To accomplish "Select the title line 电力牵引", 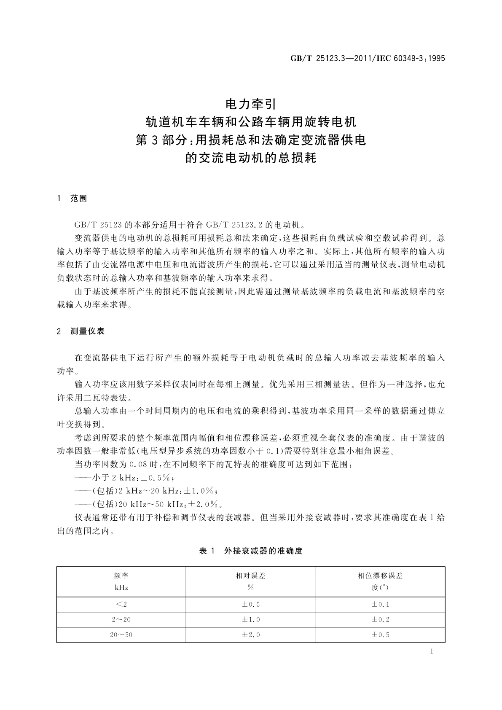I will pyautogui.click(x=251, y=103).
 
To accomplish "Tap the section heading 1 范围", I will pyautogui.click(x=72, y=199).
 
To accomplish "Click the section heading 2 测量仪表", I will pyautogui.click(x=81, y=331).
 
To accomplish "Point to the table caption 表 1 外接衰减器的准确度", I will pyautogui.click(x=251, y=551).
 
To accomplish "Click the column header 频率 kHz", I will pyautogui.click(x=121, y=581).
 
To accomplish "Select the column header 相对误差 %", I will pyautogui.click(x=250, y=581).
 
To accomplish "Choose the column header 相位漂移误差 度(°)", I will pyautogui.click(x=380, y=581).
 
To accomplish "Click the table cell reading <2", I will pyautogui.click(x=121, y=605).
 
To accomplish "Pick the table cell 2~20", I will pyautogui.click(x=121, y=619).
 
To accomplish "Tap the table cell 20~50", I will pyautogui.click(x=121, y=635).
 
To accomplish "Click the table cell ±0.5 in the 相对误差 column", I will pyautogui.click(x=250, y=605).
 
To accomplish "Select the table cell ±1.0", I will pyautogui.click(x=250, y=619).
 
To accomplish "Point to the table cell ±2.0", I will pyautogui.click(x=250, y=635).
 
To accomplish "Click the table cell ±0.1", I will pyautogui.click(x=380, y=605).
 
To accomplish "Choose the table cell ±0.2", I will pyautogui.click(x=380, y=619).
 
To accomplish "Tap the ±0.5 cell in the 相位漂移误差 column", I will pyautogui.click(x=380, y=635).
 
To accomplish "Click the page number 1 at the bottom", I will pyautogui.click(x=432, y=651).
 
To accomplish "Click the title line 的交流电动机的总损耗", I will pyautogui.click(x=251, y=159).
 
